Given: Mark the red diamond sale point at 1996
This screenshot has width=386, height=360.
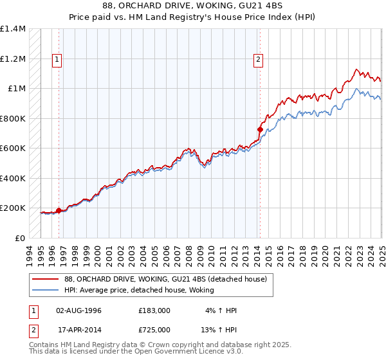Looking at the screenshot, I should pyautogui.click(x=59, y=210).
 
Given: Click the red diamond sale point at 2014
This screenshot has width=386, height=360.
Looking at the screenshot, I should pyautogui.click(x=260, y=129).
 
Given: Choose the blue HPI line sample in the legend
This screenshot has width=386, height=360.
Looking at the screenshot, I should pyautogui.click(x=46, y=290).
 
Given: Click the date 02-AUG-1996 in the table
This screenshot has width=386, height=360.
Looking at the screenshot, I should pyautogui.click(x=80, y=310).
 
